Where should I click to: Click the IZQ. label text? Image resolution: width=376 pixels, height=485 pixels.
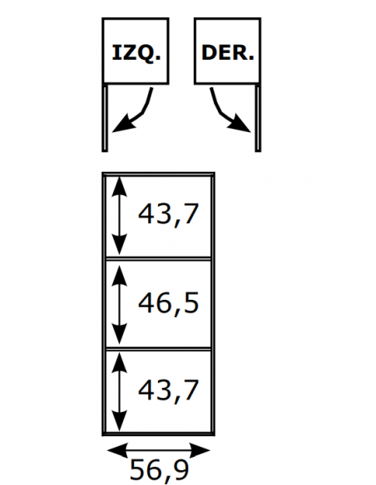pyautogui.click(x=136, y=53)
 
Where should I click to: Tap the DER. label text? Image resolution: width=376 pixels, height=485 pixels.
pyautogui.click(x=228, y=52)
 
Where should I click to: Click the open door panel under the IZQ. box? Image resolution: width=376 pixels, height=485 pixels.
pyautogui.click(x=105, y=118)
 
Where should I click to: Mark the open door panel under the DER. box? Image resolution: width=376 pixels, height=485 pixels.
pyautogui.click(x=258, y=118)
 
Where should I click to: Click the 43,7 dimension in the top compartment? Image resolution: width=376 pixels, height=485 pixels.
pyautogui.click(x=168, y=214)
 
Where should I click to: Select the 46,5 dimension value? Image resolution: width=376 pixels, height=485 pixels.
pyautogui.click(x=168, y=304)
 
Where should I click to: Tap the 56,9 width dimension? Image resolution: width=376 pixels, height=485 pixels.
pyautogui.click(x=159, y=470)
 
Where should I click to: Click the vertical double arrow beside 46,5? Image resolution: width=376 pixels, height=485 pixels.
pyautogui.click(x=120, y=304)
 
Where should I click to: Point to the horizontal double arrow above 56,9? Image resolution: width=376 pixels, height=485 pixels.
pyautogui.click(x=159, y=451)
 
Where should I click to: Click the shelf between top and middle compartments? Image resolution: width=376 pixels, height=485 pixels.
pyautogui.click(x=158, y=258)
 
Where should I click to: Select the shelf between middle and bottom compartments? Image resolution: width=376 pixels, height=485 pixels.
pyautogui.click(x=158, y=349)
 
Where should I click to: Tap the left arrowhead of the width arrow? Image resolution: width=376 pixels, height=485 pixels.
pyautogui.click(x=117, y=451)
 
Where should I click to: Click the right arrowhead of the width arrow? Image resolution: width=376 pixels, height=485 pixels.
pyautogui.click(x=200, y=451)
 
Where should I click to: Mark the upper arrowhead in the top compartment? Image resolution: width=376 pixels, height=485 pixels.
pyautogui.click(x=120, y=186)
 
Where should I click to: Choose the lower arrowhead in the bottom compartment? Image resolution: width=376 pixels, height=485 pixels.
pyautogui.click(x=120, y=421)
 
